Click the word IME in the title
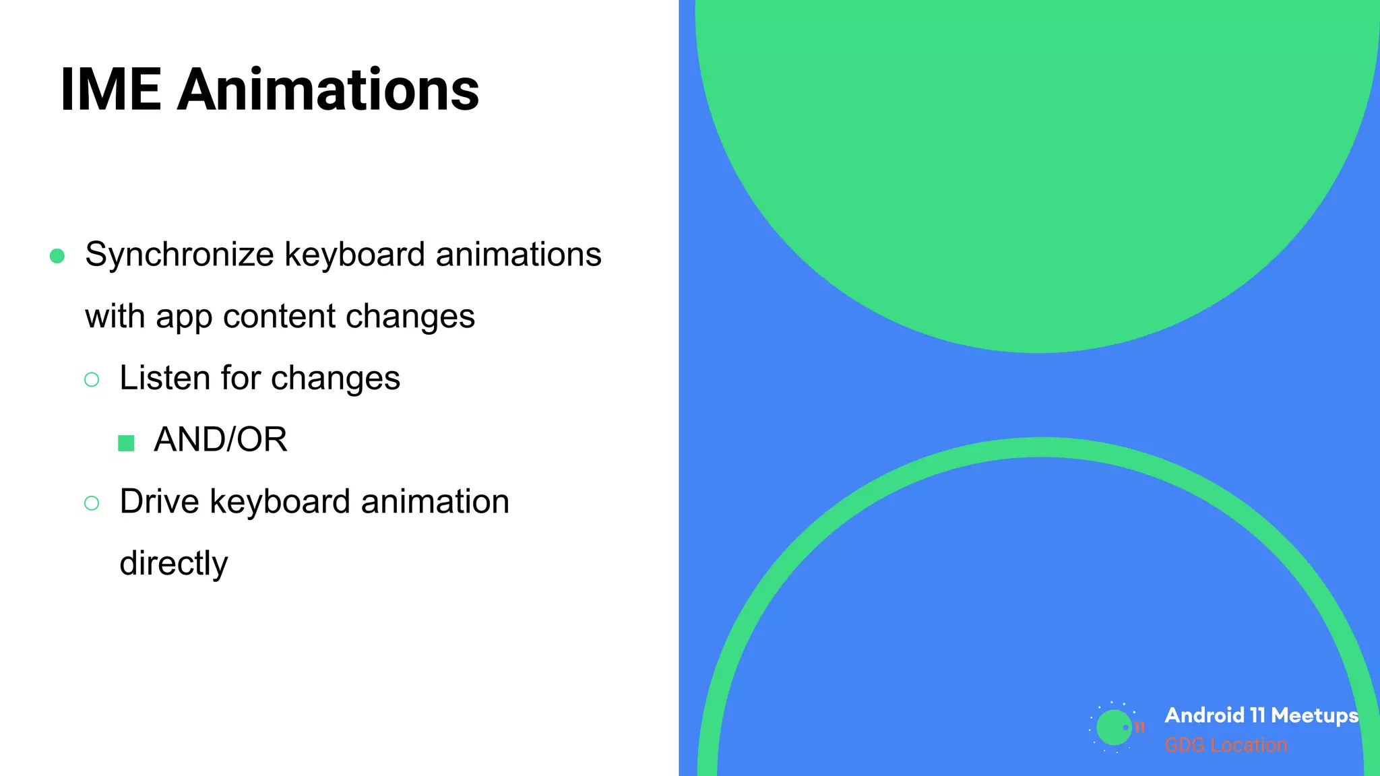111,90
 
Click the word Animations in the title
328,90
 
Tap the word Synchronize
179,255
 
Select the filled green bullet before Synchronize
57,256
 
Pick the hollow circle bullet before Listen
92,380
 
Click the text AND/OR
220,440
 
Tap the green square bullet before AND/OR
126,443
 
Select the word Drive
159,502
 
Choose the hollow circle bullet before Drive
92,503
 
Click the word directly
174,564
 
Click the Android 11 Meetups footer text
1261,715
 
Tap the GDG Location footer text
1226,745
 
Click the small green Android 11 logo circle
1113,727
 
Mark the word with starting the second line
115,316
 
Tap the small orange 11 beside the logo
1139,727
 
